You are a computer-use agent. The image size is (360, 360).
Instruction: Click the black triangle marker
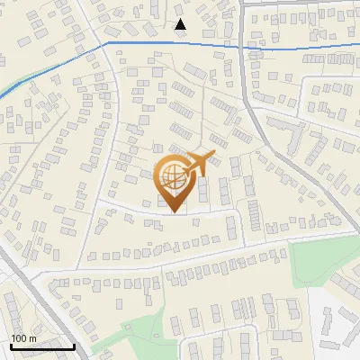(181, 24)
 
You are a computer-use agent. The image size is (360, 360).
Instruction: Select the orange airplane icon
(198, 164)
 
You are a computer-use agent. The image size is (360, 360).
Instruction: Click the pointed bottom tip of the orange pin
(174, 211)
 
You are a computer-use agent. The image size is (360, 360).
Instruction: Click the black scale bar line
(42, 346)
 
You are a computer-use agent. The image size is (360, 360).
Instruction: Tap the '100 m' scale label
(23, 338)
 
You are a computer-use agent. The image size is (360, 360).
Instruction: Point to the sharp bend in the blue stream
(107, 41)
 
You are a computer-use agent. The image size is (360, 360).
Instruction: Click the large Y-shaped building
(290, 135)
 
